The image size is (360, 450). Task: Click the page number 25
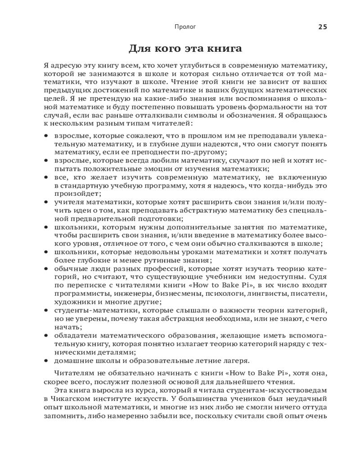click(x=323, y=27)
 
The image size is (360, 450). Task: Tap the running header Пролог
click(x=185, y=27)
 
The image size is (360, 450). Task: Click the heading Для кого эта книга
click(x=185, y=49)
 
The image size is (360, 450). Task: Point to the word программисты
click(x=76, y=293)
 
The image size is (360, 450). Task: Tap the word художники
click(x=74, y=301)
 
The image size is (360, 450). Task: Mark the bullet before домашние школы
click(x=46, y=360)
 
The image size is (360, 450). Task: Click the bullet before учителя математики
click(x=46, y=202)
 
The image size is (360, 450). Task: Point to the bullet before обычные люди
click(x=46, y=269)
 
